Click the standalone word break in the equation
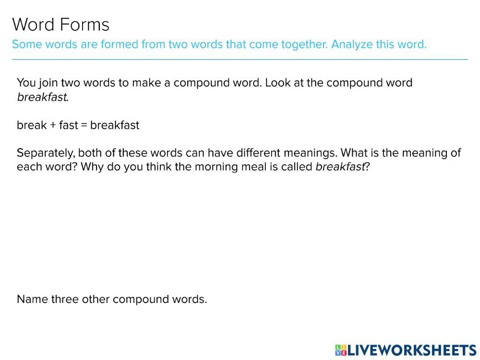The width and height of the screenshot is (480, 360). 32,125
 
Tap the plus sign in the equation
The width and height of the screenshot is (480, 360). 53,126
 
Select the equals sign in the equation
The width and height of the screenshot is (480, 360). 84,126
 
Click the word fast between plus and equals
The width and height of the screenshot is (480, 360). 69,125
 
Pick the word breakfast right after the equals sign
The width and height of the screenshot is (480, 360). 115,125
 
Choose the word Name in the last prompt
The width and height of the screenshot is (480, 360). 33,300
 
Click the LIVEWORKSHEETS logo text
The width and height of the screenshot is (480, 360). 412,350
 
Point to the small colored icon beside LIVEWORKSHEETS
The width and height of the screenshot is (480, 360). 341,350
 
